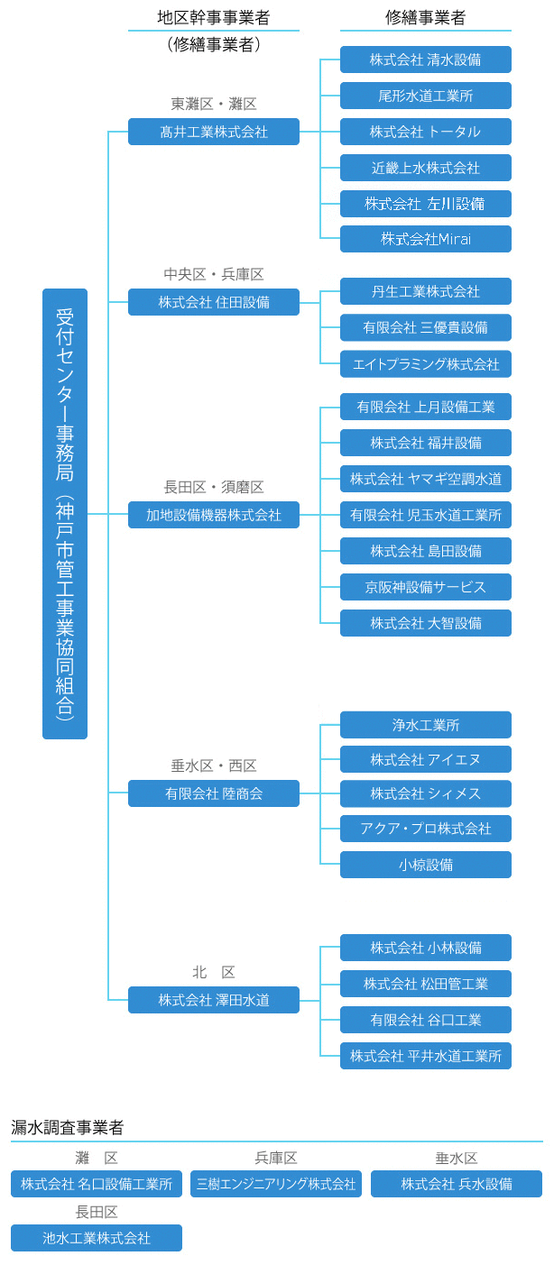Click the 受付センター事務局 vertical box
pyautogui.click(x=65, y=513)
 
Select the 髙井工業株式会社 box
pyautogui.click(x=214, y=132)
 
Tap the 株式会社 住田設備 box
pyautogui.click(x=214, y=302)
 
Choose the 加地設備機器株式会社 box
pyautogui.click(x=214, y=515)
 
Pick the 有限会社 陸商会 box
pyautogui.click(x=214, y=793)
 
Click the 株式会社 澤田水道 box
pyautogui.click(x=214, y=1000)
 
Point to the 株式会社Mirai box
pyautogui.click(x=426, y=239)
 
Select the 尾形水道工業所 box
pyautogui.click(x=426, y=96)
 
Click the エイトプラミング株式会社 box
pyautogui.click(x=426, y=364)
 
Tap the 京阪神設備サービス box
pyautogui.click(x=426, y=587)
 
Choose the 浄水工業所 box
pyautogui.click(x=426, y=725)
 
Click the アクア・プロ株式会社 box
pyautogui.click(x=426, y=829)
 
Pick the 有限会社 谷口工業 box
pyautogui.click(x=426, y=1020)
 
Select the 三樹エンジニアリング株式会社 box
pyautogui.click(x=276, y=1184)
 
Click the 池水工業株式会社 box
pyautogui.click(x=97, y=1238)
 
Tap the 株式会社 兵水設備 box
pyautogui.click(x=457, y=1184)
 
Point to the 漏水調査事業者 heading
pyautogui.click(x=68, y=1127)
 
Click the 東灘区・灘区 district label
pyautogui.click(x=214, y=105)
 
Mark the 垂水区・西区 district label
pyautogui.click(x=214, y=766)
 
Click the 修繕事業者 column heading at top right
pyautogui.click(x=426, y=17)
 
